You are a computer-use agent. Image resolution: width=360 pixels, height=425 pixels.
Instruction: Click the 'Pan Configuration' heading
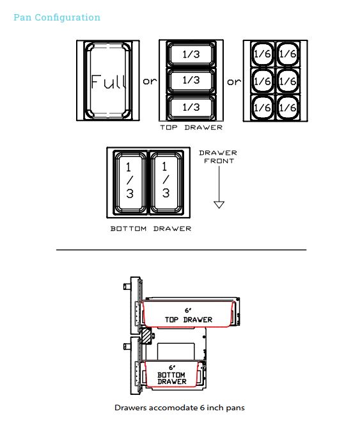coord(57,17)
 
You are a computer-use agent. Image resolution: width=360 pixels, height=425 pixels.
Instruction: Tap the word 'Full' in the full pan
coord(109,81)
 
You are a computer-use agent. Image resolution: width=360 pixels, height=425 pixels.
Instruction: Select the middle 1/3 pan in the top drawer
coord(191,81)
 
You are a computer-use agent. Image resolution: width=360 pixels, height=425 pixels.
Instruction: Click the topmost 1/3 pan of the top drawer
coord(191,54)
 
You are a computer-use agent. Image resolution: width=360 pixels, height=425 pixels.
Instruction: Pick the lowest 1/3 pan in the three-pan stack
coord(191,108)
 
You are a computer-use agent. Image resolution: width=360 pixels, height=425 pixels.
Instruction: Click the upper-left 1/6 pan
coord(262,54)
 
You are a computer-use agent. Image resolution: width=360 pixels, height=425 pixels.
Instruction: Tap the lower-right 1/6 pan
coord(288,108)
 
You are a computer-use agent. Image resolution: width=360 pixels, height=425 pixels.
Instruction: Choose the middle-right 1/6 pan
coord(288,81)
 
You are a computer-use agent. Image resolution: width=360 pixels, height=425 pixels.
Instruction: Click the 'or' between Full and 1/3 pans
coord(150,81)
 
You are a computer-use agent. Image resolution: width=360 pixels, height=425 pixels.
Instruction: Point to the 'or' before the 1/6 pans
coord(234,81)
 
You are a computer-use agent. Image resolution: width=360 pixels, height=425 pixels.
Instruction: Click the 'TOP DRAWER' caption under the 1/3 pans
coord(191,127)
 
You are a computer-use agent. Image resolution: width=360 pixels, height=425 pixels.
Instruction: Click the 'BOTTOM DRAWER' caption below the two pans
coord(151,229)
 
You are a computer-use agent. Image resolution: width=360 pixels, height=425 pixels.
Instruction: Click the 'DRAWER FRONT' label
coord(218,157)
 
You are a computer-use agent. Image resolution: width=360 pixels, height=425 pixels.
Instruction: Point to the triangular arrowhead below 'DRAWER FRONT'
coord(219,205)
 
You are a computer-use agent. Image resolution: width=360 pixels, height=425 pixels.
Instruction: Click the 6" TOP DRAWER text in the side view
coord(189,316)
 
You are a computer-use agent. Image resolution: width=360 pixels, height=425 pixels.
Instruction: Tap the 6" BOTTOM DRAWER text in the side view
coord(172,375)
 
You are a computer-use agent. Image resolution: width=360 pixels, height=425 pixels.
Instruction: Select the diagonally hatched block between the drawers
coord(146,336)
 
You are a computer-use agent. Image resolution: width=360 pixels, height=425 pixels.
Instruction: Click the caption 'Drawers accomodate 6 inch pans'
coord(180,408)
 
